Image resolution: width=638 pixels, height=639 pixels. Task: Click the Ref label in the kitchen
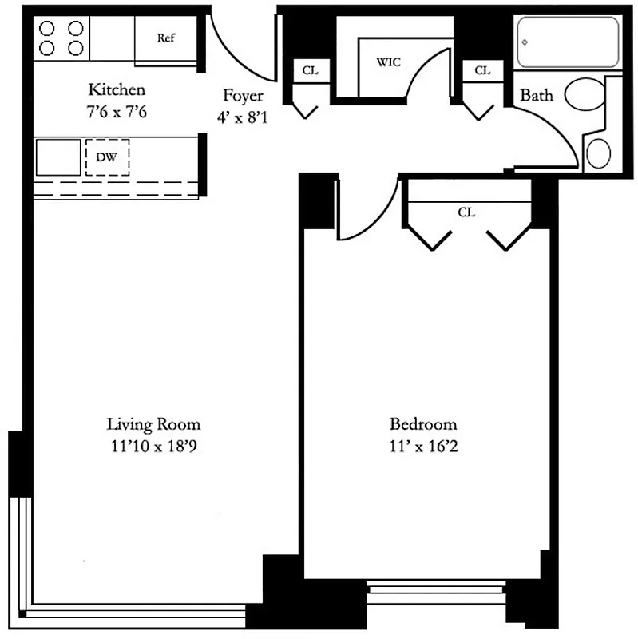click(166, 38)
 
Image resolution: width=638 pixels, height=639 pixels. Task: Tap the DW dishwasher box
click(107, 157)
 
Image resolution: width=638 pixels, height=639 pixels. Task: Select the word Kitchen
click(117, 89)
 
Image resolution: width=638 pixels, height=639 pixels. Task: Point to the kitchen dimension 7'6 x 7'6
click(117, 112)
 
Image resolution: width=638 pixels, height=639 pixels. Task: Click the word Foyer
click(243, 96)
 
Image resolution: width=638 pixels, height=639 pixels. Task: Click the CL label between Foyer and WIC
click(310, 70)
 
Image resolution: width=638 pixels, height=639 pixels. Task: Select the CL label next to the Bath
click(481, 70)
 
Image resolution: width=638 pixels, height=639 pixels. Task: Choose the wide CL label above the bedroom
click(467, 212)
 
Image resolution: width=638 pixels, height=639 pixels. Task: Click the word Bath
click(537, 96)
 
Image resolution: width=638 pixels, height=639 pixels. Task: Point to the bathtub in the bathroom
click(568, 42)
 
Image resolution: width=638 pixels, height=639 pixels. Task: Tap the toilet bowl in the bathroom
click(586, 94)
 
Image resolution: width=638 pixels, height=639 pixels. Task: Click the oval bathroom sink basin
click(597, 151)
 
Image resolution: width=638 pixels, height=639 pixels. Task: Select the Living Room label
click(154, 423)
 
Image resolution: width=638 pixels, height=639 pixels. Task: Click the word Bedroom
click(423, 423)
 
